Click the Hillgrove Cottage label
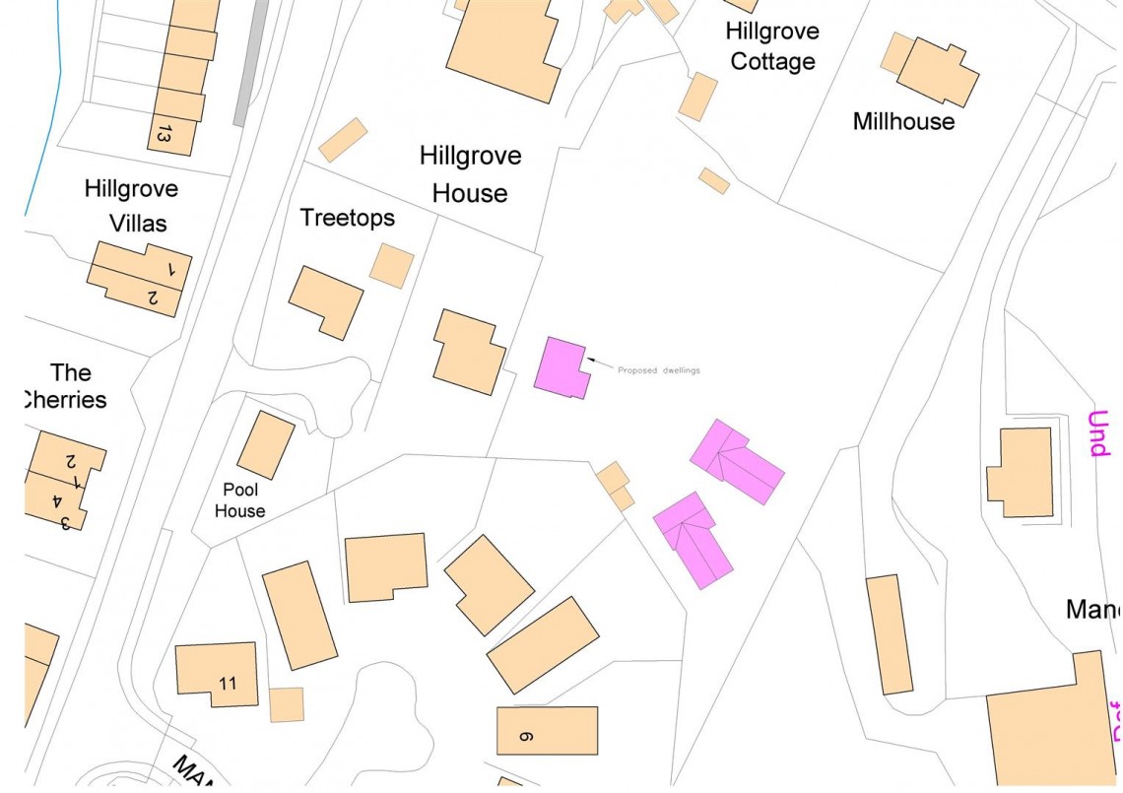(x=771, y=46)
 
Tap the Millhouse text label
(x=903, y=121)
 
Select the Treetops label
(x=347, y=218)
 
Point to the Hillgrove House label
(x=470, y=174)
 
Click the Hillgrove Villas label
(x=131, y=205)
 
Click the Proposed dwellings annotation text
(x=658, y=370)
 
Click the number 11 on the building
(x=228, y=683)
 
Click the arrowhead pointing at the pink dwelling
(x=591, y=362)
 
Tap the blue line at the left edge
(x=44, y=118)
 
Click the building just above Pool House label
(x=266, y=445)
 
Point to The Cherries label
(x=67, y=386)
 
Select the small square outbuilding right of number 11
(x=287, y=704)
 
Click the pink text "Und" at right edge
(x=1097, y=433)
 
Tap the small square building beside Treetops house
(x=392, y=266)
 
